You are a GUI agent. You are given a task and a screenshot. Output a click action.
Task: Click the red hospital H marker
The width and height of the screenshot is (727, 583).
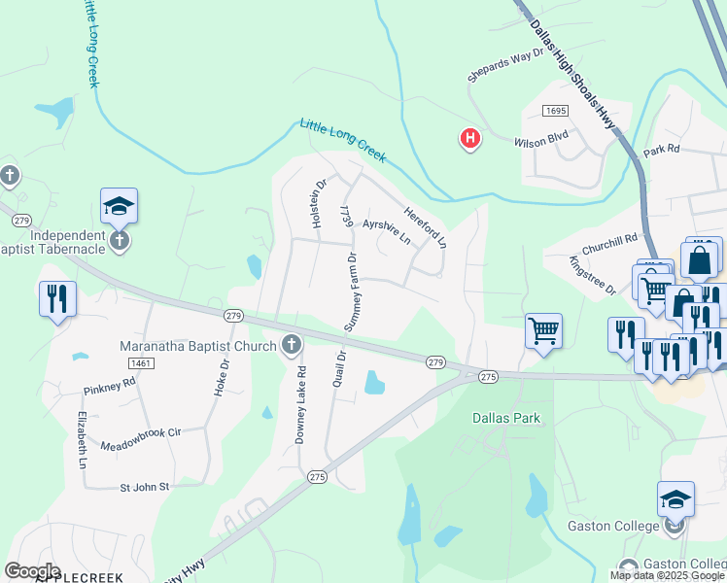[470, 140]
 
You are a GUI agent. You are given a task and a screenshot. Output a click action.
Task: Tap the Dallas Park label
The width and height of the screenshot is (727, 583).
[505, 419]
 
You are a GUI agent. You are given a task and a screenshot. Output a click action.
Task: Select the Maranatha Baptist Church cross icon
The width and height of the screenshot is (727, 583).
[291, 344]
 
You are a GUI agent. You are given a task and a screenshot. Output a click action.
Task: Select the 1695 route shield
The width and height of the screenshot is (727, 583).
[555, 111]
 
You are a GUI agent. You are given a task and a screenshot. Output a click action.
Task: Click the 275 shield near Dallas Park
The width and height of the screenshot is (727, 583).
[488, 376]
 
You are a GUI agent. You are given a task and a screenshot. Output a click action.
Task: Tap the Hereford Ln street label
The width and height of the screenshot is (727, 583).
[426, 225]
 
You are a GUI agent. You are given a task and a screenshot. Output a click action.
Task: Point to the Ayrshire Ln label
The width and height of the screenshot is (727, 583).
[387, 230]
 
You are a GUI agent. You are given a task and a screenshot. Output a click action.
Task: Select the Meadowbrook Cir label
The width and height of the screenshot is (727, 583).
[141, 438]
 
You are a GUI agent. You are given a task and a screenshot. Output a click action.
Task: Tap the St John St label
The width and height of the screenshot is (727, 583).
[145, 486]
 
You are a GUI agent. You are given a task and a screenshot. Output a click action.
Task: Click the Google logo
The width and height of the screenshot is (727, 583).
[32, 571]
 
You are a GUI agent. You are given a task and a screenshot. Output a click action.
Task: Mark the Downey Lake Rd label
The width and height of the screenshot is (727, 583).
[300, 403]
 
